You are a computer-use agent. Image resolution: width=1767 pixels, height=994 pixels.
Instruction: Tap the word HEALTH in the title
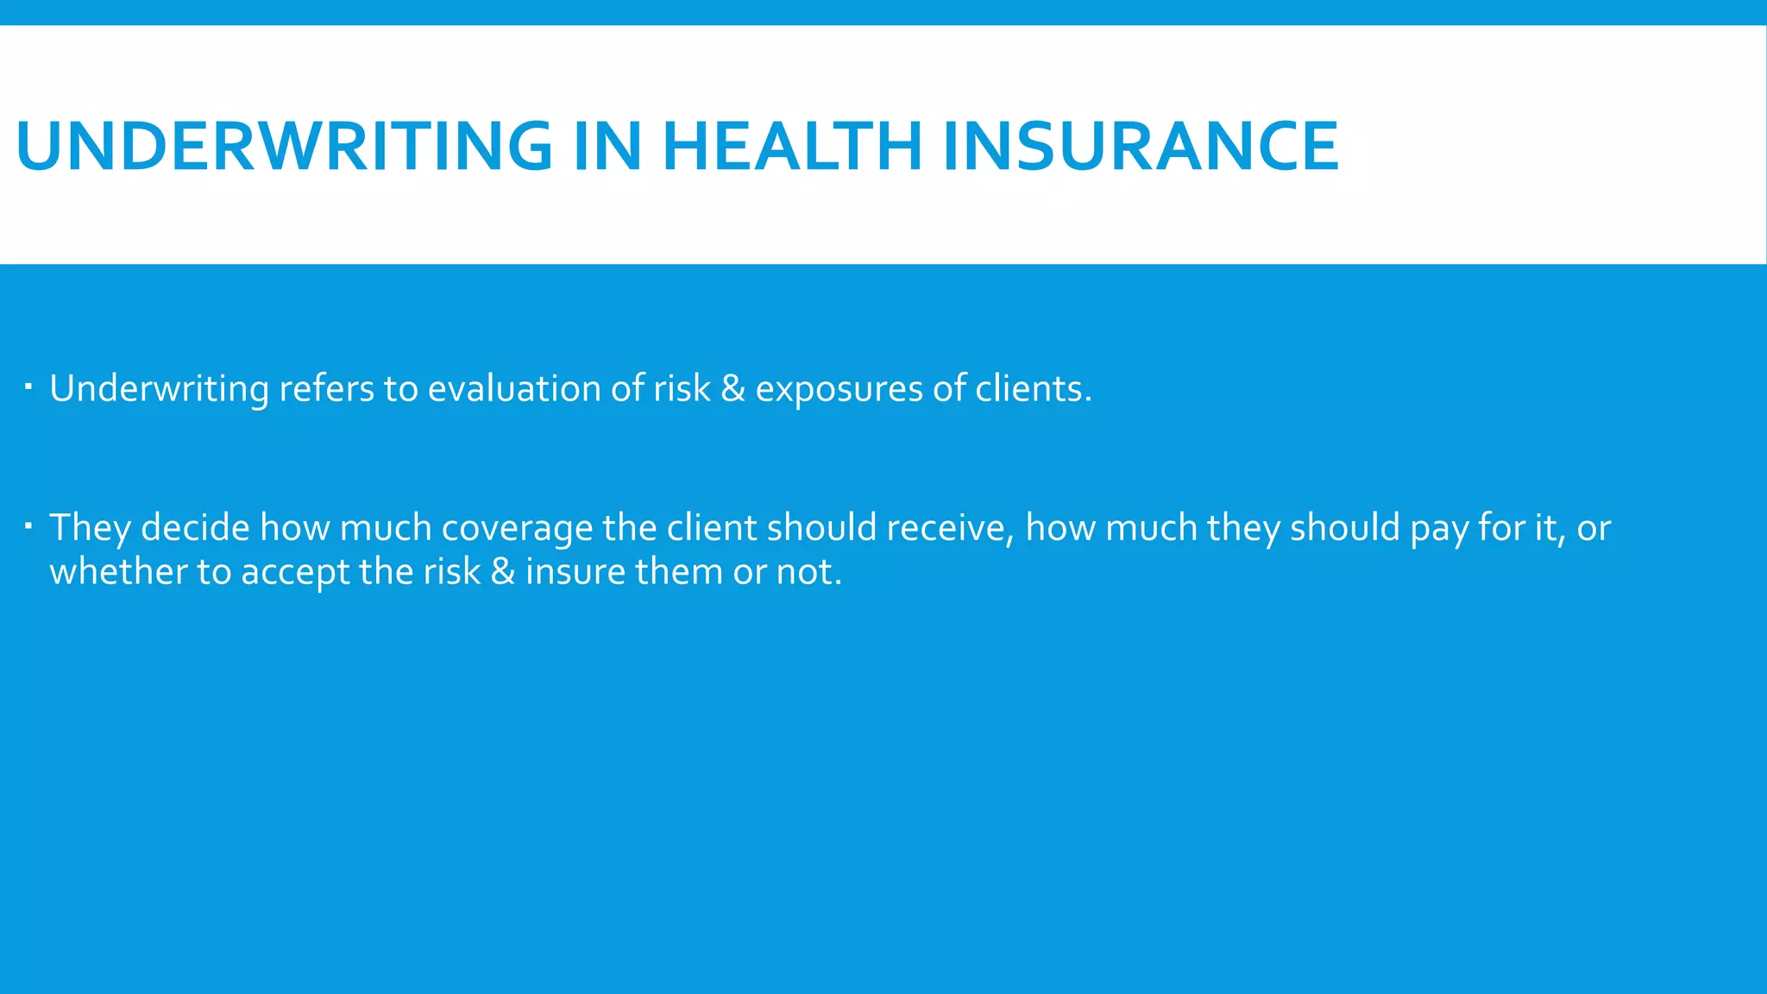coord(791,146)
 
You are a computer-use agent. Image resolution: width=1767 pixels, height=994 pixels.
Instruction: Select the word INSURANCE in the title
coord(1141,146)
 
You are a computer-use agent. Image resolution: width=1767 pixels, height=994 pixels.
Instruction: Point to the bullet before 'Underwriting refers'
coord(28,386)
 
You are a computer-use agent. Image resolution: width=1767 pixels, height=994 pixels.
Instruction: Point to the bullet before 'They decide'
coord(28,525)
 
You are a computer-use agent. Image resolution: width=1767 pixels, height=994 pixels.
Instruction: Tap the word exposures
coord(839,389)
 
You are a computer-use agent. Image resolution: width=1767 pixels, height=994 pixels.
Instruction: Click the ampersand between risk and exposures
coord(733,389)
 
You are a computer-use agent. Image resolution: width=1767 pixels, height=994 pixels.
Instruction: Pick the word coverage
coord(517,528)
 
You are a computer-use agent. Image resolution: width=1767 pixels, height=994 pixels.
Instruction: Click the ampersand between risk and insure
coord(502,571)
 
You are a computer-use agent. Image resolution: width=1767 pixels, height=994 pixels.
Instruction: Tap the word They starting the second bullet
coord(90,528)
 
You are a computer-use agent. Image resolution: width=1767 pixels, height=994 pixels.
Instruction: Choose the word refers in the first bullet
coord(326,389)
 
